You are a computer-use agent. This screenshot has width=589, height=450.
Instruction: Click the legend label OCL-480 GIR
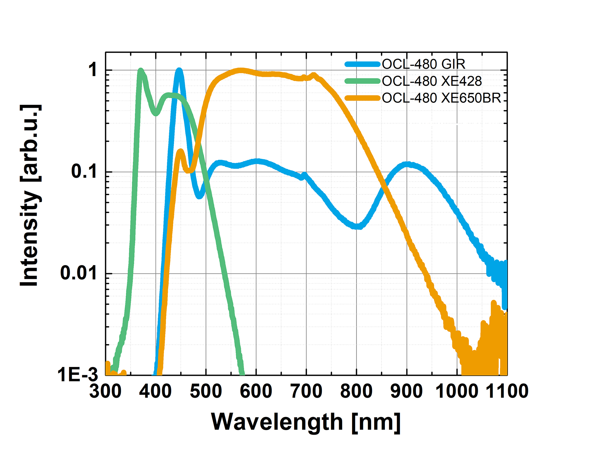pos(423,64)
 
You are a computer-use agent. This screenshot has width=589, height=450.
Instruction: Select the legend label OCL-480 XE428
pos(432,81)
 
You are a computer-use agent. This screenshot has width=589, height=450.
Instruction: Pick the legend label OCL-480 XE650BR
pos(441,98)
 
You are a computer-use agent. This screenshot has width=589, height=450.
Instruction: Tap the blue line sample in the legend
pos(363,64)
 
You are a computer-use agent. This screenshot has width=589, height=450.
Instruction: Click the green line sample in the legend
pos(363,81)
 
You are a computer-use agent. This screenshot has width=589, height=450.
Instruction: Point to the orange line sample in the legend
pos(363,98)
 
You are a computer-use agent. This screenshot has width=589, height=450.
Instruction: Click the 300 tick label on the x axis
pos(105,391)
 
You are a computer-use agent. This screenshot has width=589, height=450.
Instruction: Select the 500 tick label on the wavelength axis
pos(206,391)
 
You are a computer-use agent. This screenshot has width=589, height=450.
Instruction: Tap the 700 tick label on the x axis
pos(306,391)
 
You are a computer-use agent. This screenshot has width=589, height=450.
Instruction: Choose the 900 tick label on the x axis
pos(407,391)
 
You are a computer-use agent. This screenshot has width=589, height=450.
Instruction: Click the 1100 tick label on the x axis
pos(507,391)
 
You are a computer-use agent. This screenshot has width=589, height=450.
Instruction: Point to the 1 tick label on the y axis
pos(93,70)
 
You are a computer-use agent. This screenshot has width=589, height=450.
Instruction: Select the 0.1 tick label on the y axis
pos(84,172)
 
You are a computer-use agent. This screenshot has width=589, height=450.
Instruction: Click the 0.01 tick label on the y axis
pos(79,273)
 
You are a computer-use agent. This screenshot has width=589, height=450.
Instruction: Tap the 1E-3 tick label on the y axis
pos(78,375)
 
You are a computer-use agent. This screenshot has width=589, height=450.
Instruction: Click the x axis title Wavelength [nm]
pos(306,422)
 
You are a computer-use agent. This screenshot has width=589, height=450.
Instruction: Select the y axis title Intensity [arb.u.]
pos(30,195)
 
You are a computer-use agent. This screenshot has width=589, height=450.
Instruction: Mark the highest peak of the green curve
pos(141,71)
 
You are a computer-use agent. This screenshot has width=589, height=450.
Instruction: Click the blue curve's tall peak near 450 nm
pos(179,70)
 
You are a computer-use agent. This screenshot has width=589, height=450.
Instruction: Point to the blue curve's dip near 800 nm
pos(358,226)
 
